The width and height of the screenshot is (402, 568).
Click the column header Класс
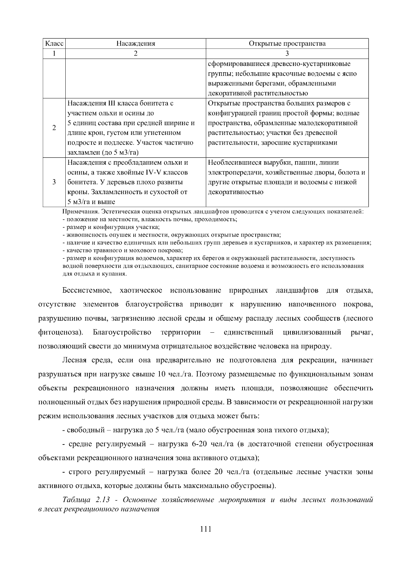pos(54,44)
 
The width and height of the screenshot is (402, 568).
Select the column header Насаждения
pos(135,44)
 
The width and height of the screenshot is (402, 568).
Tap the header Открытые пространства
pos(287,44)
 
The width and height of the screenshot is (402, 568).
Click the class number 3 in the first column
pos(54,182)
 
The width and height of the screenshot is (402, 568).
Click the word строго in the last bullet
pos(80,472)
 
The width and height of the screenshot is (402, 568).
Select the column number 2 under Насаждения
pos(135,54)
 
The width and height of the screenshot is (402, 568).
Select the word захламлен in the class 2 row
pos(81,153)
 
